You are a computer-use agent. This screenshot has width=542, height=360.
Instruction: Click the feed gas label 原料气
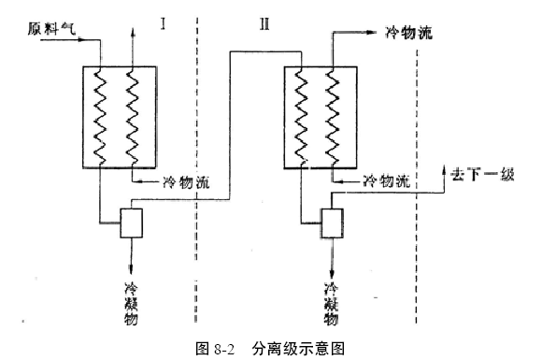click(54, 31)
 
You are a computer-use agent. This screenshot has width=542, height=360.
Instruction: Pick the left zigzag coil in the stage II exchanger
click(301, 116)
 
